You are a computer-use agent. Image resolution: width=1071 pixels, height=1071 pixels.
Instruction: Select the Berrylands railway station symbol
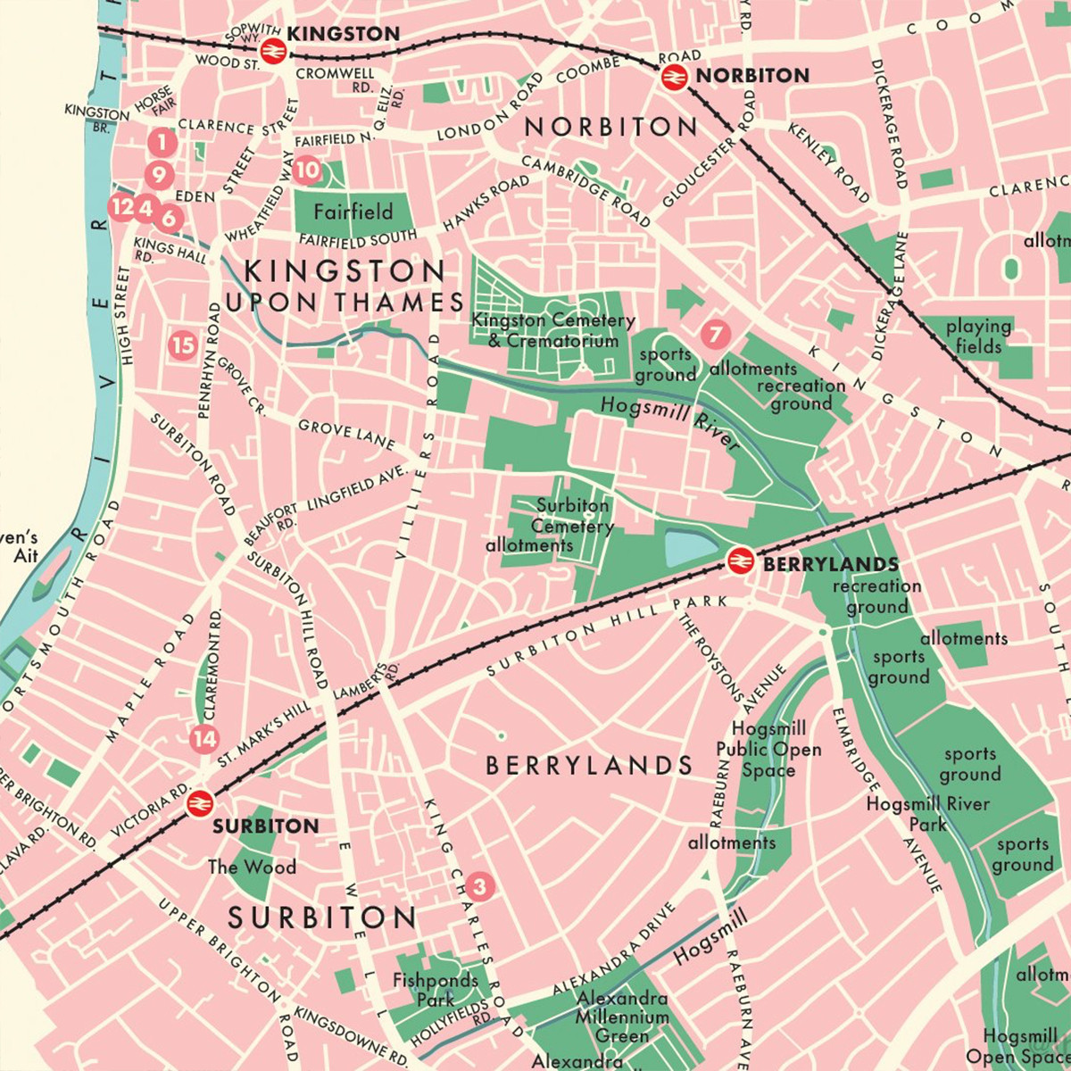738,560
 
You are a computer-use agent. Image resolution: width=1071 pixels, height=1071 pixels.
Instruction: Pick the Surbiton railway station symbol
198,803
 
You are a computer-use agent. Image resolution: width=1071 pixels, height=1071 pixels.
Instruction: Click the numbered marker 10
306,169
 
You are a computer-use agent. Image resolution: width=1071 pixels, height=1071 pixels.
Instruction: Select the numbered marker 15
183,345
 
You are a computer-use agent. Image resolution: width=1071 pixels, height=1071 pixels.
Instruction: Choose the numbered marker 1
161,141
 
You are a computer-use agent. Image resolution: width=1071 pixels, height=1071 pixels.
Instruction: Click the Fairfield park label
353,212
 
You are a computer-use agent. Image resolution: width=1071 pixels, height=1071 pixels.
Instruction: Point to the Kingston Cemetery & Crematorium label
553,330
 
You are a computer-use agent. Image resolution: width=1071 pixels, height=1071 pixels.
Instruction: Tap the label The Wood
252,867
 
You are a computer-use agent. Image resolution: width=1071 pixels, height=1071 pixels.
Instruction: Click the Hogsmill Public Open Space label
768,750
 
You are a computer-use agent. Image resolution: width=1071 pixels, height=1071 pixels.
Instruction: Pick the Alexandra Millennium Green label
621,1017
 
